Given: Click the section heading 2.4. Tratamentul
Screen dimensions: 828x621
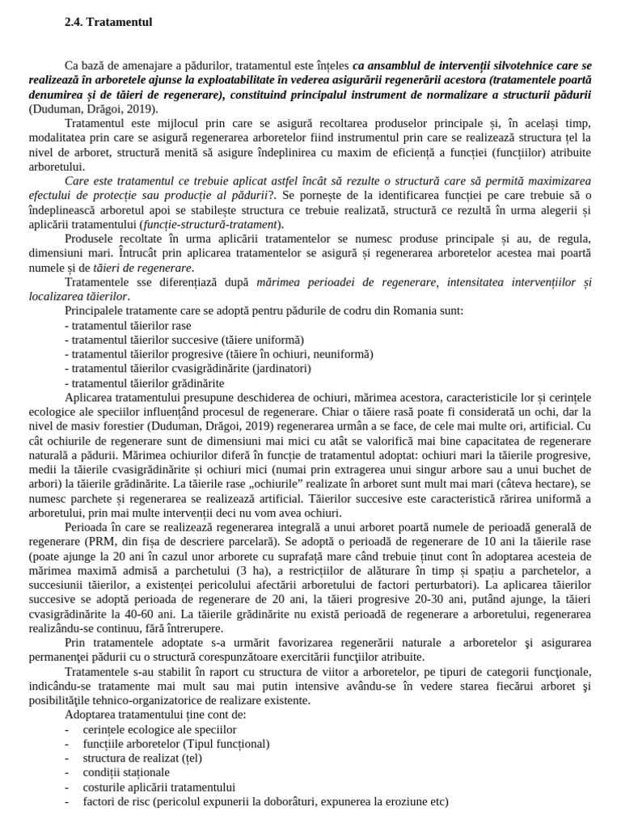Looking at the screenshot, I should [x=108, y=22].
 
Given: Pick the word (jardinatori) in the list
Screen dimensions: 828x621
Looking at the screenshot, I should [x=280, y=369].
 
